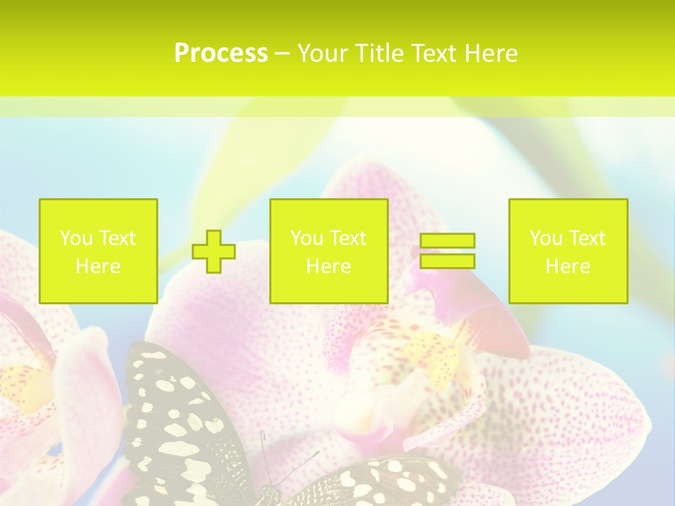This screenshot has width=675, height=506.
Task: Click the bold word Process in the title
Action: point(221,53)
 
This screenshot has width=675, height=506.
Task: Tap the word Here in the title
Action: point(491,53)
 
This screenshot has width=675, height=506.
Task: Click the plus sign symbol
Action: point(214,252)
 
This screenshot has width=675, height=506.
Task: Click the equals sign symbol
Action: point(447,251)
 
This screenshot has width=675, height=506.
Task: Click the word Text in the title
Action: point(433,53)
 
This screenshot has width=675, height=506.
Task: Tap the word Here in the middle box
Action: point(329,266)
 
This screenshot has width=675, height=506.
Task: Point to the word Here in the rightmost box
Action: point(568,266)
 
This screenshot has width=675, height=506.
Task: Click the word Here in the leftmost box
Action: point(98,266)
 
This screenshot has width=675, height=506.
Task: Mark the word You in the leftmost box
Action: point(76,238)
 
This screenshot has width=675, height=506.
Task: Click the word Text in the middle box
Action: point(347,238)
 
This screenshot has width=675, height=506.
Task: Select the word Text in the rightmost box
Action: point(586,238)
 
